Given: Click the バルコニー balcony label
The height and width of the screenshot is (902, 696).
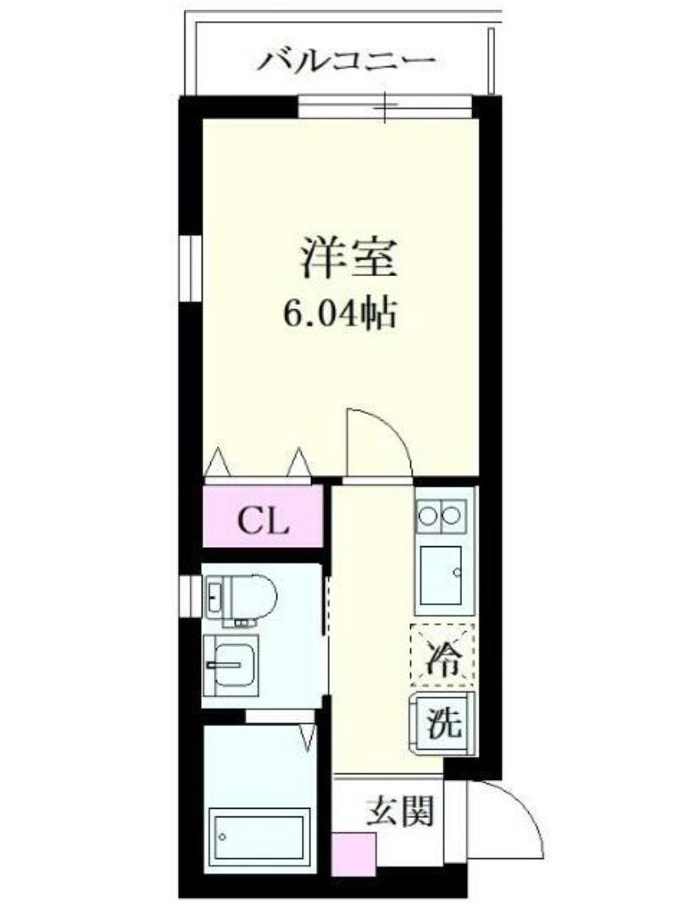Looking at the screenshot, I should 348,62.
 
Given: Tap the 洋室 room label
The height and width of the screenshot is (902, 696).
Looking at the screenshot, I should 348,258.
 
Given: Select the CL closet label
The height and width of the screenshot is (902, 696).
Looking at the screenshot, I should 263,520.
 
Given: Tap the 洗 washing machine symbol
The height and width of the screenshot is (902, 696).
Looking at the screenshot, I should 443,722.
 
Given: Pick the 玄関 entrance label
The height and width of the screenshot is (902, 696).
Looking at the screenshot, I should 400,812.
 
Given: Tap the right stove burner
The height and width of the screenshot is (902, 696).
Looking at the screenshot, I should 454,513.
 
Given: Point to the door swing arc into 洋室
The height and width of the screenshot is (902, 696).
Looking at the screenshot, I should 381,436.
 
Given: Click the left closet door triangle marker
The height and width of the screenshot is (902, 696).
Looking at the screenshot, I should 218,462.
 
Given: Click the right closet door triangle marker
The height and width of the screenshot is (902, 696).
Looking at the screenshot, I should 299,462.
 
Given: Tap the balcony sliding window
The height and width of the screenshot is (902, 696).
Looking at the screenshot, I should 384,108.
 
